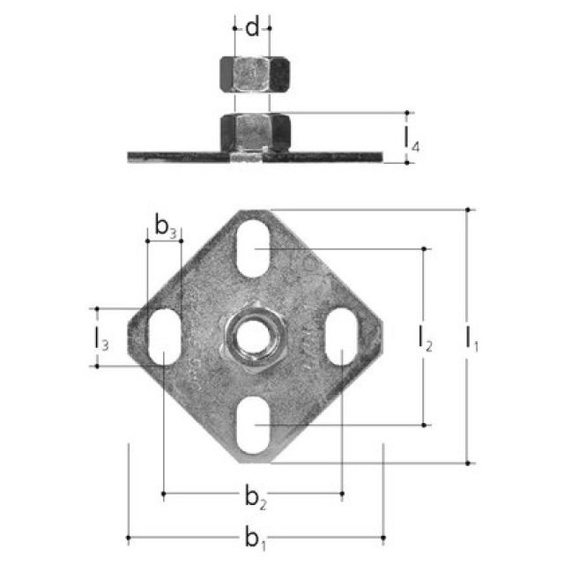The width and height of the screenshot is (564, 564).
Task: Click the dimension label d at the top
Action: point(252,28)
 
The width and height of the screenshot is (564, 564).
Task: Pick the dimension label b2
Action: point(254,499)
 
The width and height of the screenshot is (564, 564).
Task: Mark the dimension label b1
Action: point(254,538)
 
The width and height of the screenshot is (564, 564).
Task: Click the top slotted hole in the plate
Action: point(253,250)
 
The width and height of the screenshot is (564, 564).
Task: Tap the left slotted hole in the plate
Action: point(163,337)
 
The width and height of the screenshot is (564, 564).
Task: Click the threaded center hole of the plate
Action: point(253,336)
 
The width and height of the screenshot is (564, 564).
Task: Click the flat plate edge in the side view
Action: point(176,157)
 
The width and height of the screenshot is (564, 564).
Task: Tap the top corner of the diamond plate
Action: point(253,213)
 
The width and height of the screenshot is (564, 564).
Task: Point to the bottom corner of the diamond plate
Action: point(253,458)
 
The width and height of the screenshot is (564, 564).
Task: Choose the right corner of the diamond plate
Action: point(379,336)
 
